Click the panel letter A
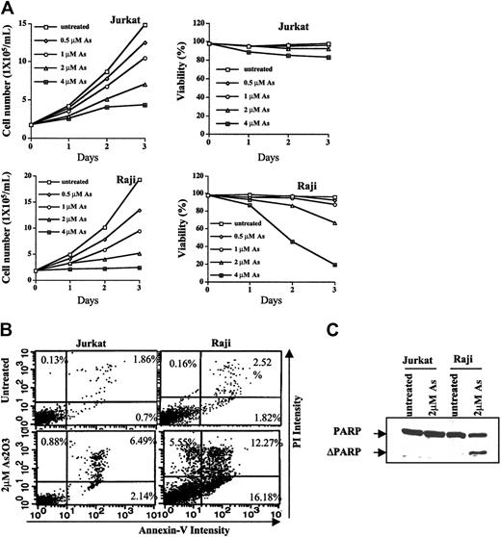[x=8, y=9]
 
